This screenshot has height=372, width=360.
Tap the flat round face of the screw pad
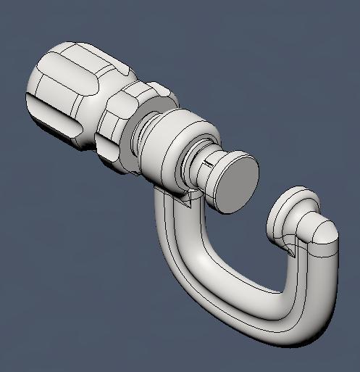click(237, 181)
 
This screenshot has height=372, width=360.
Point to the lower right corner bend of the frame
click(304, 326)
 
